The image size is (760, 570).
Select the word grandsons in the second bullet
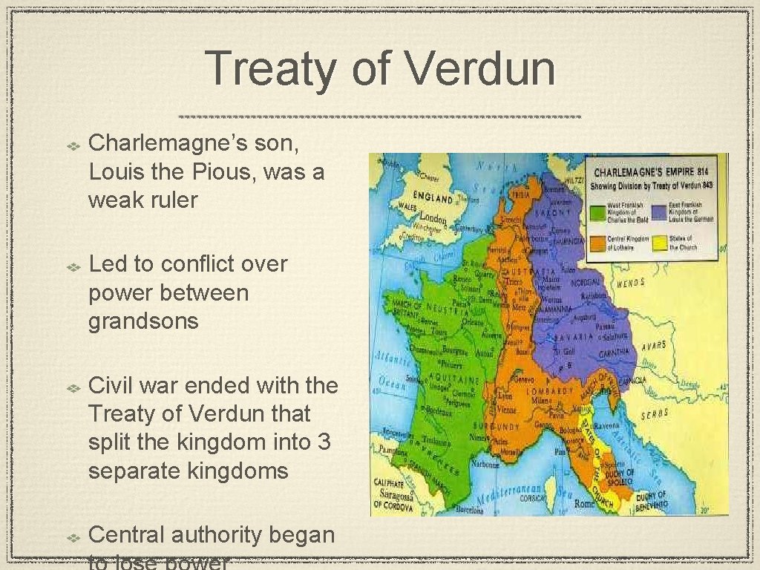coord(143,321)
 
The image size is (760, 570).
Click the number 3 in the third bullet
coord(324,442)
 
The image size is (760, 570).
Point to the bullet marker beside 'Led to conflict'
coord(74,265)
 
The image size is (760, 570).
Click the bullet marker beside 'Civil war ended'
coord(74,387)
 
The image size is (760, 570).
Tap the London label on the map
coord(433,220)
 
